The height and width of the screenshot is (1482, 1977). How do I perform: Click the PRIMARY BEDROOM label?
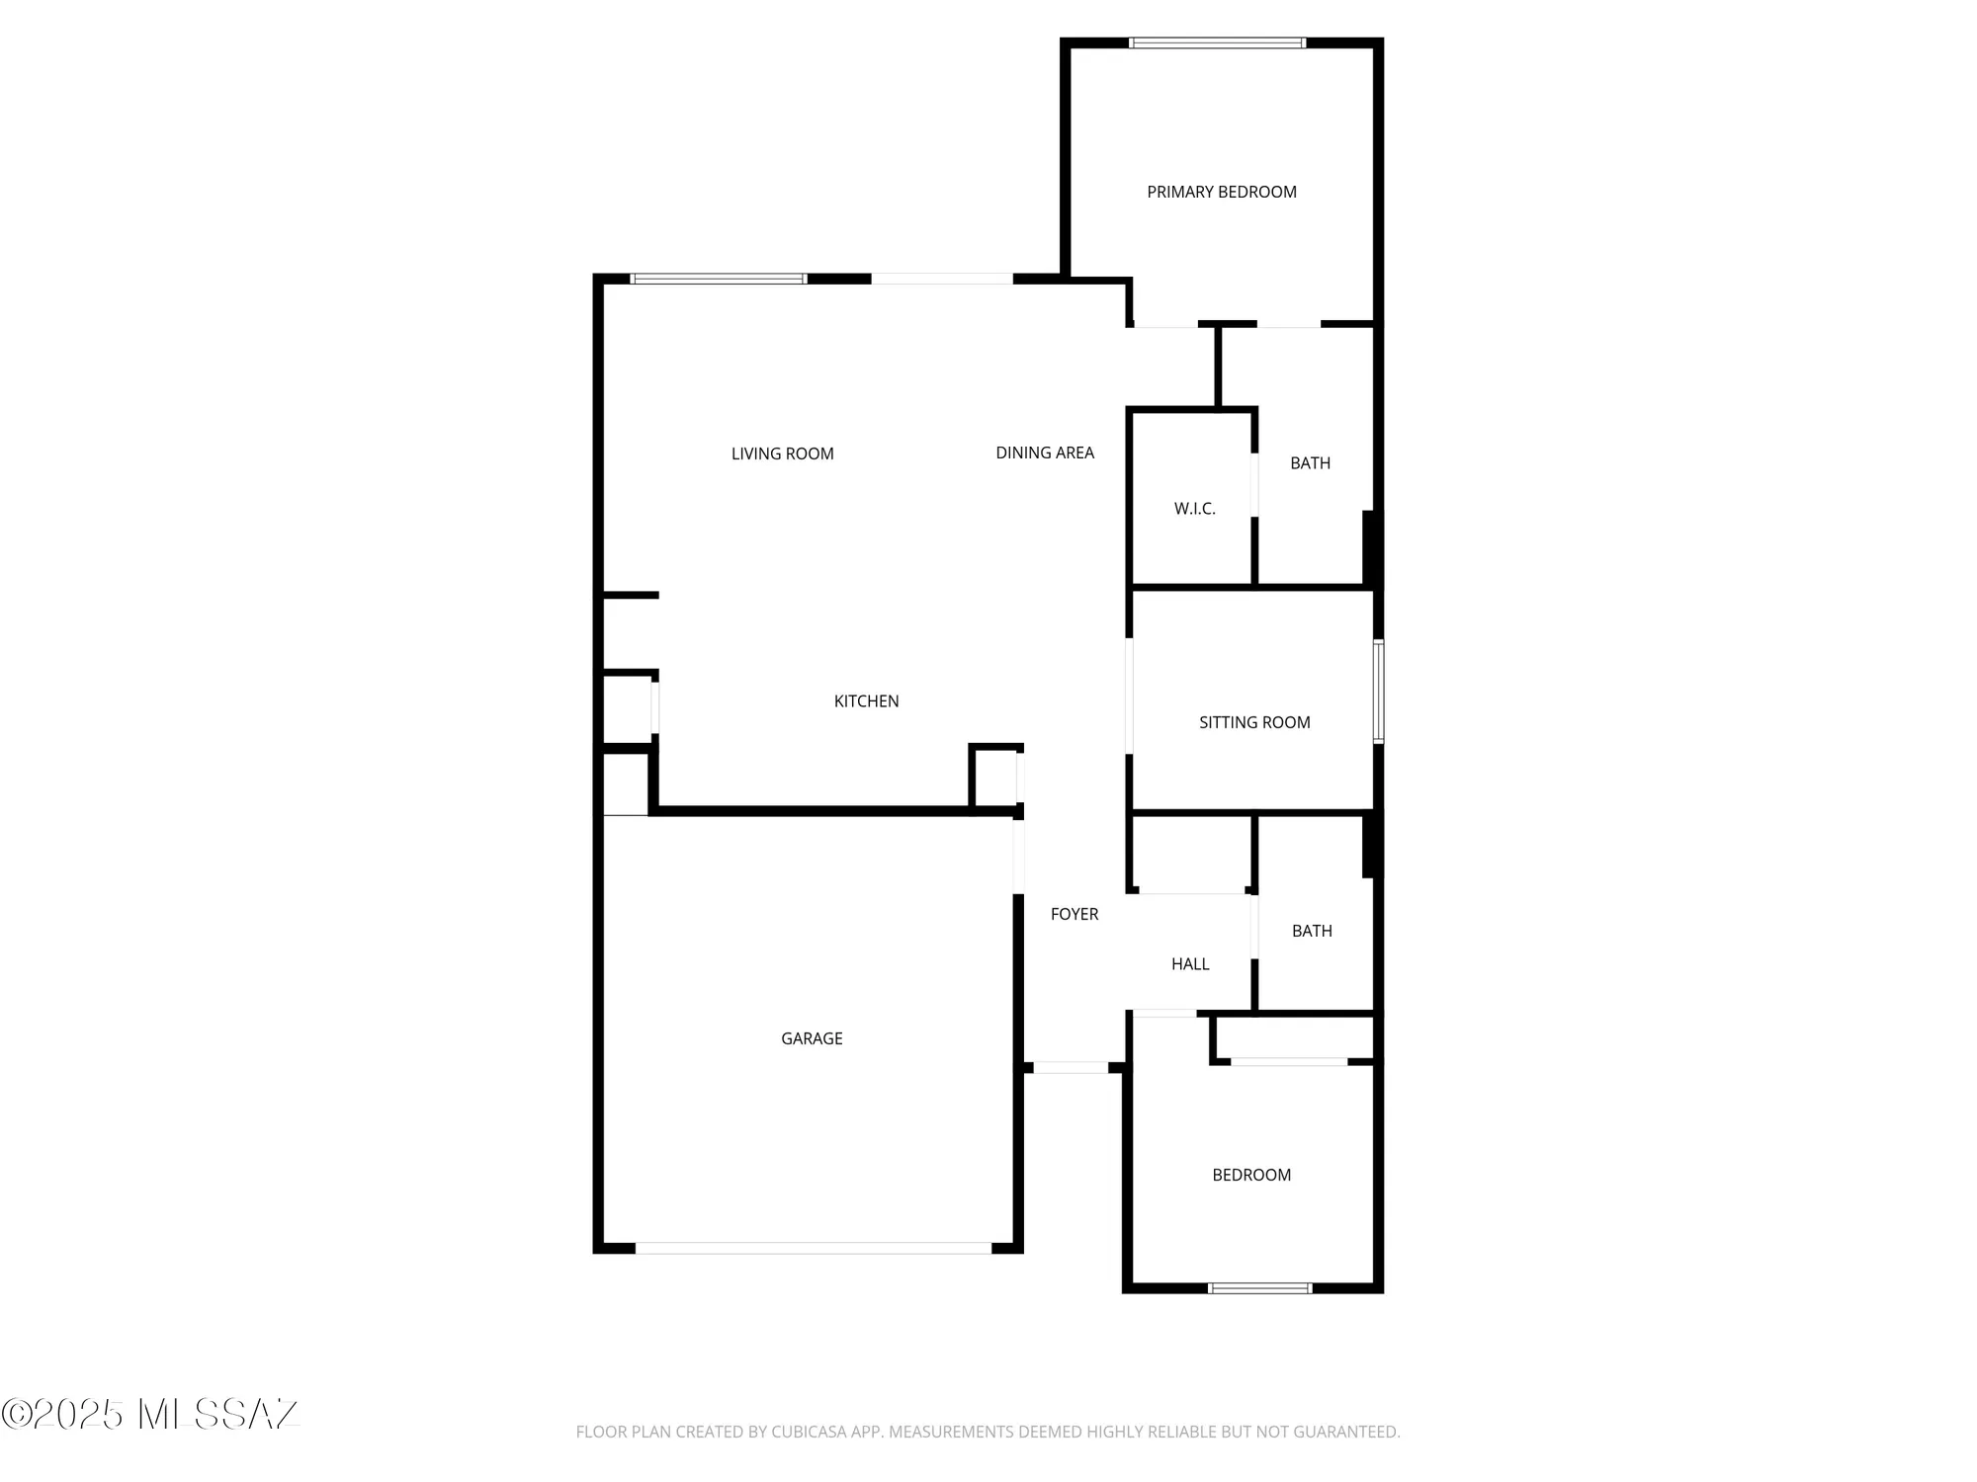(x=1222, y=192)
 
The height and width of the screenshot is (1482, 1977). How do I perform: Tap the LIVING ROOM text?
(x=782, y=453)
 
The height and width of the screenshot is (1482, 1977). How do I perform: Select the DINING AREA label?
(x=1045, y=453)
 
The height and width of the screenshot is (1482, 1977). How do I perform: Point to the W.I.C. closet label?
(x=1194, y=509)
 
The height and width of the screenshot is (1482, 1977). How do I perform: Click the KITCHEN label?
(x=866, y=701)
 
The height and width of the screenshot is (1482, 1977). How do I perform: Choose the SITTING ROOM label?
(x=1254, y=722)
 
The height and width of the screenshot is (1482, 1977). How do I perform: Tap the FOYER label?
(x=1074, y=914)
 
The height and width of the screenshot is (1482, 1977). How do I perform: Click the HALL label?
(x=1190, y=964)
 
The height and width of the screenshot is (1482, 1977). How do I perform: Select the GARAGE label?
(x=812, y=1038)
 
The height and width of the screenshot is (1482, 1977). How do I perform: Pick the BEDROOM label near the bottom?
(x=1251, y=1175)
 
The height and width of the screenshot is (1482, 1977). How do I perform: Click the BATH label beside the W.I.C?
(x=1310, y=463)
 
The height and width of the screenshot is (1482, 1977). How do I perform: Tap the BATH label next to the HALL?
(x=1312, y=931)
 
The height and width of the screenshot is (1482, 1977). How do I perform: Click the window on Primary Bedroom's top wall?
(x=1217, y=42)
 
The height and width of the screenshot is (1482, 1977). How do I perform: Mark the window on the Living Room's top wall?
(x=719, y=279)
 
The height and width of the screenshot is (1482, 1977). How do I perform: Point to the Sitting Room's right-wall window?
(x=1379, y=691)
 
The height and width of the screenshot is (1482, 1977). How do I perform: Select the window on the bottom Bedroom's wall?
(x=1260, y=1287)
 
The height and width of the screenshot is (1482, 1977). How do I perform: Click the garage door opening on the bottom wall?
(x=813, y=1249)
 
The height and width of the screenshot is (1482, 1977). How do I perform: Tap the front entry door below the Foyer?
(x=1071, y=1068)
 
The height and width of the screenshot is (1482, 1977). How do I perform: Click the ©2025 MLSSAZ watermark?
(x=150, y=1414)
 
